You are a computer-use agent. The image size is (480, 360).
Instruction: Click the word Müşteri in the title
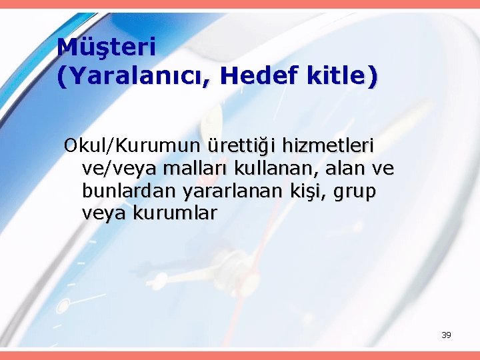[x=107, y=47]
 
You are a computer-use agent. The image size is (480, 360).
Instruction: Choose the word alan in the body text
[x=342, y=168]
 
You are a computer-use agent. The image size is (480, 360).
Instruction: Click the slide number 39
[x=446, y=335]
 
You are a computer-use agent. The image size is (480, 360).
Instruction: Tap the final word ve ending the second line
[x=383, y=169]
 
